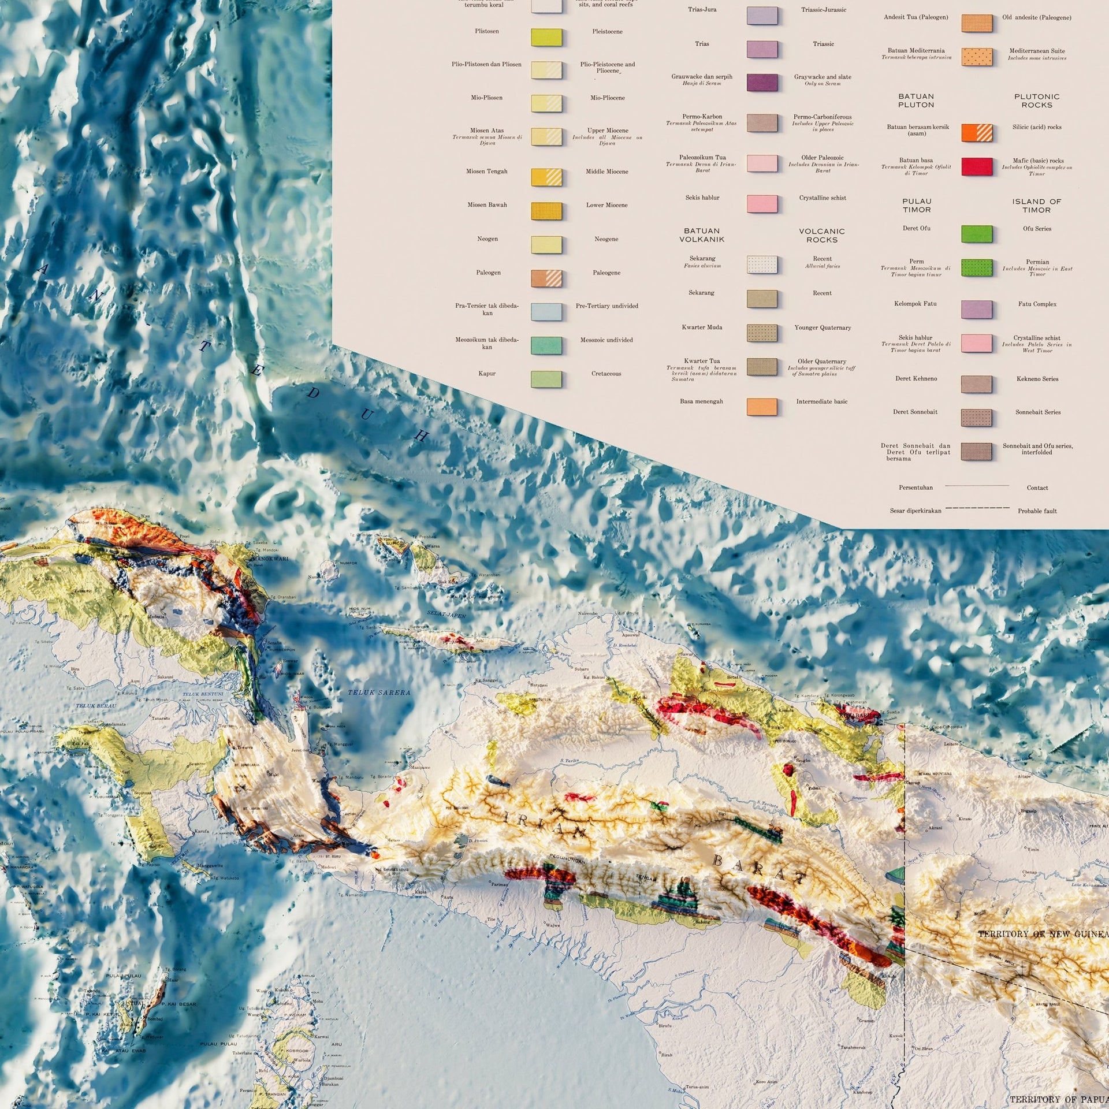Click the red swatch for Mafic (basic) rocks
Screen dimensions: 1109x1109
pyautogui.click(x=977, y=166)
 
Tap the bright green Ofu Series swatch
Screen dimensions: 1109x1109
pyautogui.click(x=977, y=233)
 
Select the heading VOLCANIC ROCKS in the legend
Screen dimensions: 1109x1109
pyautogui.click(x=821, y=235)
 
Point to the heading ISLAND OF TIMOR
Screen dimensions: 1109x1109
pyautogui.click(x=1036, y=206)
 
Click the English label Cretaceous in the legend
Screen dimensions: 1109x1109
pyautogui.click(x=606, y=374)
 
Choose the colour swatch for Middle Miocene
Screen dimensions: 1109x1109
pyautogui.click(x=546, y=177)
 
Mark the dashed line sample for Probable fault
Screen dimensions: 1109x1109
pyautogui.click(x=977, y=509)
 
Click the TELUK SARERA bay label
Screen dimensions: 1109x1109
pyautogui.click(x=378, y=692)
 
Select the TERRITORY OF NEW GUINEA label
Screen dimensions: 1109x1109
pyautogui.click(x=1043, y=934)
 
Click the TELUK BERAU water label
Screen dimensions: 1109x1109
pyautogui.click(x=96, y=706)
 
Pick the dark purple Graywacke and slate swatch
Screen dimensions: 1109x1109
pyautogui.click(x=762, y=82)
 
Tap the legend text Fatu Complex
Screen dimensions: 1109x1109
pyautogui.click(x=1037, y=304)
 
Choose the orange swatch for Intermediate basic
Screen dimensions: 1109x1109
pyautogui.click(x=762, y=406)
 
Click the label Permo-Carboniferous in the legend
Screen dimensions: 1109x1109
pyautogui.click(x=823, y=117)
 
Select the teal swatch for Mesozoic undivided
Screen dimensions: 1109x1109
pyautogui.click(x=546, y=345)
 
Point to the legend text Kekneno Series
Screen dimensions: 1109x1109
pyautogui.click(x=1037, y=379)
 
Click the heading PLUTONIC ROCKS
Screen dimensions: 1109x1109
pyautogui.click(x=1036, y=101)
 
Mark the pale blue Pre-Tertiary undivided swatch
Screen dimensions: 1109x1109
pyautogui.click(x=546, y=311)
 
